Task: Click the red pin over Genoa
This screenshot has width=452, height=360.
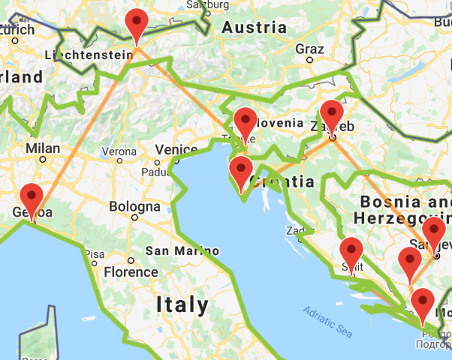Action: (31, 196)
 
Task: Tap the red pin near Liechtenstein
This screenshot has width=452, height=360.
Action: (136, 25)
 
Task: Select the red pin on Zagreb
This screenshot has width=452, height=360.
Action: (331, 115)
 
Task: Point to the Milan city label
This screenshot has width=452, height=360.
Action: (43, 148)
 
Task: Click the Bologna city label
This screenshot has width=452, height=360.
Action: (134, 206)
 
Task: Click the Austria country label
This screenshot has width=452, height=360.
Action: (254, 28)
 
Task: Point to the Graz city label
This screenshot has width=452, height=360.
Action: (310, 49)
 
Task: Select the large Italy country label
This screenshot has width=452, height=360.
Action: (183, 304)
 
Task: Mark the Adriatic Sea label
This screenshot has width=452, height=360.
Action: (328, 320)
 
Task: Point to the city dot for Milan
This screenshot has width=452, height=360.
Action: (43, 159)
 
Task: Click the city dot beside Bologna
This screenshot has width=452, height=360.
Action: (134, 217)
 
